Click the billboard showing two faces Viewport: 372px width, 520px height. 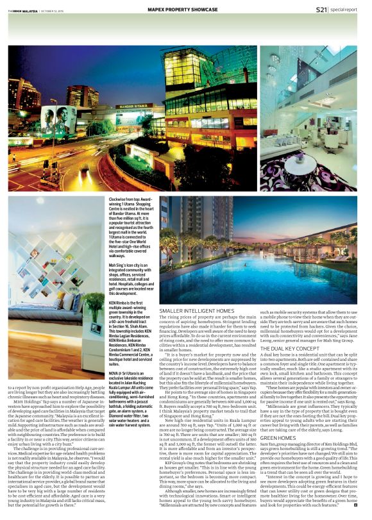pyautogui.click(x=58, y=120)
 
